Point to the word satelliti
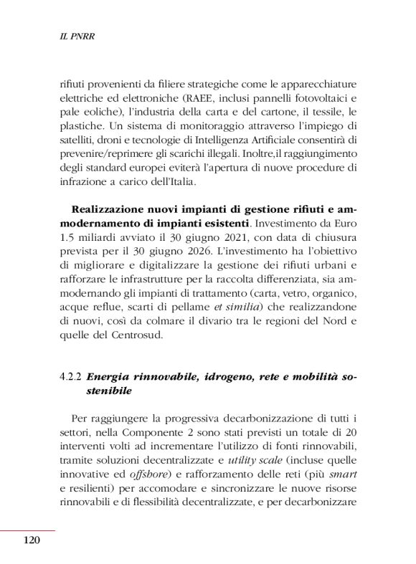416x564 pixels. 80,141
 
